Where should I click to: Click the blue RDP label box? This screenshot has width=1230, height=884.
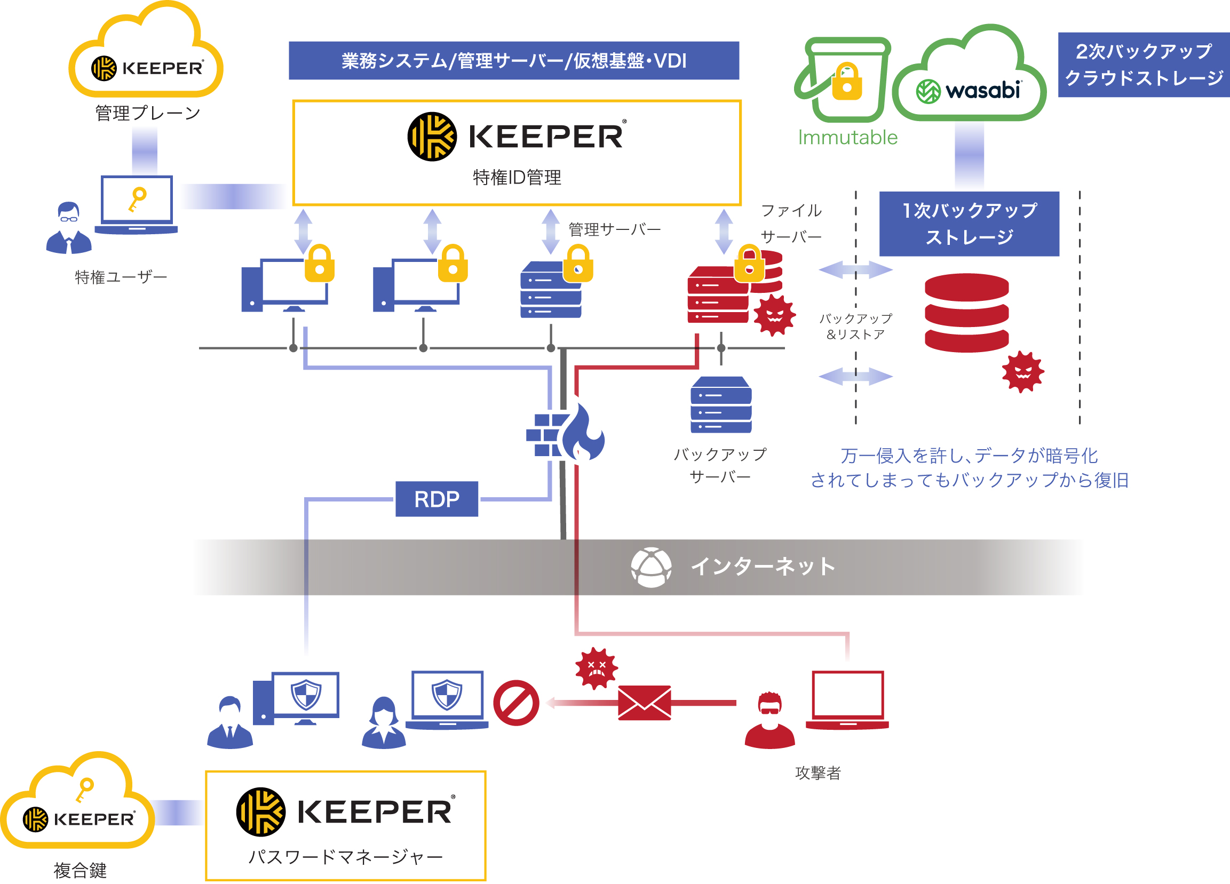[437, 499]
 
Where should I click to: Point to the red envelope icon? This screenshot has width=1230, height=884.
[644, 703]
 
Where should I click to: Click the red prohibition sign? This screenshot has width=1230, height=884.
[516, 703]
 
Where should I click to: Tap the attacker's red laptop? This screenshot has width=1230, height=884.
[847, 699]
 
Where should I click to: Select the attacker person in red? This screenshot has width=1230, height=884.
[769, 721]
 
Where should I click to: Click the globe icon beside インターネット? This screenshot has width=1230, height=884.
[651, 567]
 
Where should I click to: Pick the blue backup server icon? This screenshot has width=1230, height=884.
[721, 404]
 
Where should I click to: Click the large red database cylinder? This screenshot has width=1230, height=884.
[966, 313]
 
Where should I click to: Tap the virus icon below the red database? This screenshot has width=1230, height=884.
[1022, 372]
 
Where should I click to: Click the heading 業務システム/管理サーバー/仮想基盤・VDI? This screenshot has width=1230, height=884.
[513, 61]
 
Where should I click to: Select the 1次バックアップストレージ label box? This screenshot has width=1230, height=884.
[969, 224]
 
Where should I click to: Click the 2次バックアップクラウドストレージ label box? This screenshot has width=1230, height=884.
[1143, 65]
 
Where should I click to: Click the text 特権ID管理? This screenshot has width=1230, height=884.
[517, 177]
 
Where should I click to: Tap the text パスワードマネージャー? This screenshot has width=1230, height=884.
[345, 857]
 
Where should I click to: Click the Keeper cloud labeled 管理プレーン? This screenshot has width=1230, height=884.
[145, 60]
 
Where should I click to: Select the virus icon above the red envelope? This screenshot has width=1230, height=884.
[596, 668]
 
